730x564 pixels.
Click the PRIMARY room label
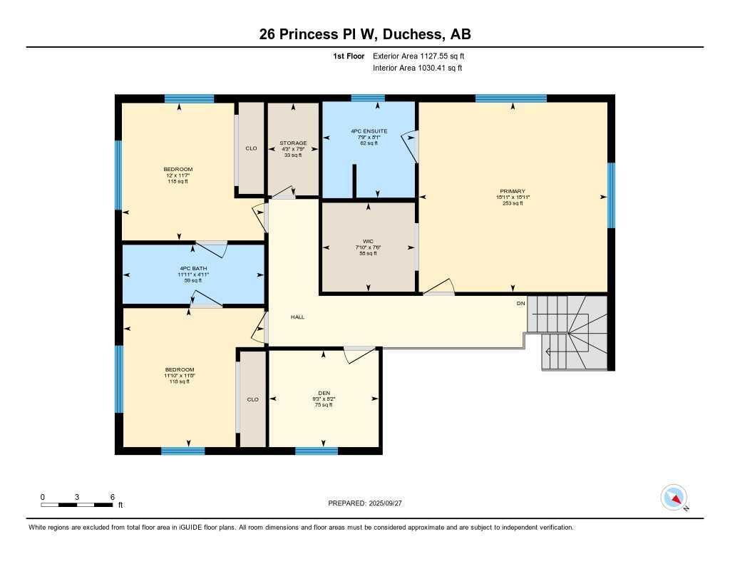[513, 191]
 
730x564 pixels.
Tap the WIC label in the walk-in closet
[368, 241]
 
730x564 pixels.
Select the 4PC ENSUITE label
[369, 131]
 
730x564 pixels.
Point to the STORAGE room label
[292, 143]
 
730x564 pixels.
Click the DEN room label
[324, 392]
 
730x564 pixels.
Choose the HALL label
[297, 317]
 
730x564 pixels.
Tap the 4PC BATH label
[193, 268]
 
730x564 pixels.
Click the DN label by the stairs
[521, 304]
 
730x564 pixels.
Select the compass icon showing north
[673, 497]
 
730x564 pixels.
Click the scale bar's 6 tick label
[112, 497]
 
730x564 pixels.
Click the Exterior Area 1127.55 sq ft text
[418, 56]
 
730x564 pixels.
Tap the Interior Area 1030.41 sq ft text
[417, 68]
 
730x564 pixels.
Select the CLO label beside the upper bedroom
[251, 148]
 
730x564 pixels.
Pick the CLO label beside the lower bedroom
[252, 399]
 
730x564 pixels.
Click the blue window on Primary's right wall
[611, 195]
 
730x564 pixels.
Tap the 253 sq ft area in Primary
[513, 203]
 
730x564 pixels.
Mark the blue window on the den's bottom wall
[317, 451]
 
